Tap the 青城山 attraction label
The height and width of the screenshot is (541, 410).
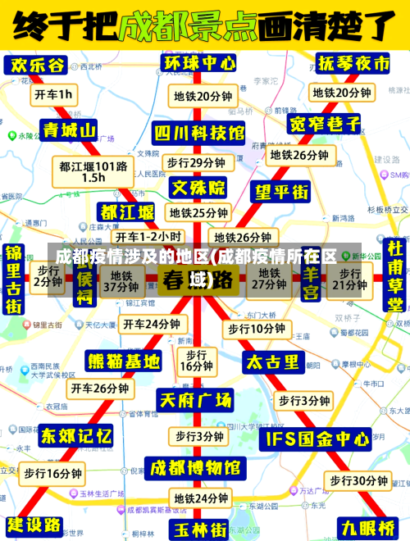tap(67, 130)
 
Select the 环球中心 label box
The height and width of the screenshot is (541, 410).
tap(199, 63)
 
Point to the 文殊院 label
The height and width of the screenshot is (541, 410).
tap(198, 188)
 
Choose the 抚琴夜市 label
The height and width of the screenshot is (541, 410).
tap(354, 63)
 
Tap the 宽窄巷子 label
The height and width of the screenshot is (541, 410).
tap(325, 124)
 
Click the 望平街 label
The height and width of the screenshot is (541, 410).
tap(281, 192)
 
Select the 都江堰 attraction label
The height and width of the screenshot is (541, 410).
tap(126, 212)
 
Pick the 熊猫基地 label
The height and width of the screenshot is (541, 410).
tap(124, 361)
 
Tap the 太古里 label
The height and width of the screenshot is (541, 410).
tap(273, 361)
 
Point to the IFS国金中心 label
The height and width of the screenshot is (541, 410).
tap(314, 439)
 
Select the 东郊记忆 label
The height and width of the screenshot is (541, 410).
tap(75, 434)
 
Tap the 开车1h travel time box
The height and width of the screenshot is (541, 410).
tap(53, 94)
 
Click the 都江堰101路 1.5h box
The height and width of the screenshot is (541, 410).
tap(93, 171)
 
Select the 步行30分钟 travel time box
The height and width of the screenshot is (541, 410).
tap(358, 480)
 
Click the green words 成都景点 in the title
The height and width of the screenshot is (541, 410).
tap(188, 27)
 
